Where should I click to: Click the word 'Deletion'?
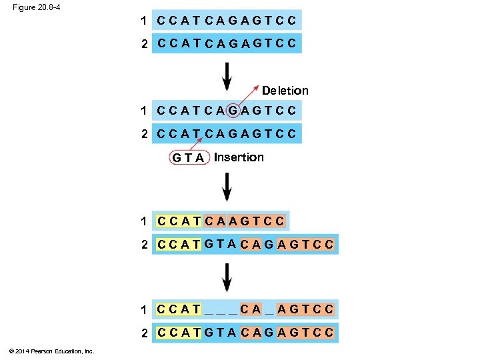click(x=285, y=90)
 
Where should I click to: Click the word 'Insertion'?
click(x=239, y=157)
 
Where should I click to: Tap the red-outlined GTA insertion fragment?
click(x=188, y=158)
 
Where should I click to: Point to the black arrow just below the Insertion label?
click(x=227, y=187)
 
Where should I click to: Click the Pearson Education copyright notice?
click(x=53, y=351)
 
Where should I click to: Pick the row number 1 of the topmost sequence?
click(x=144, y=20)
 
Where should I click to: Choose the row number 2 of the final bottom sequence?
click(x=144, y=333)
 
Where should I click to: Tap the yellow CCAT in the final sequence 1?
click(x=178, y=309)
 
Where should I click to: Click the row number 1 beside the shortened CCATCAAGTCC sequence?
click(x=144, y=221)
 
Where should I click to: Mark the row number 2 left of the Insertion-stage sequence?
click(x=144, y=134)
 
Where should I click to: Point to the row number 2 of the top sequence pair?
click(x=144, y=44)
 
